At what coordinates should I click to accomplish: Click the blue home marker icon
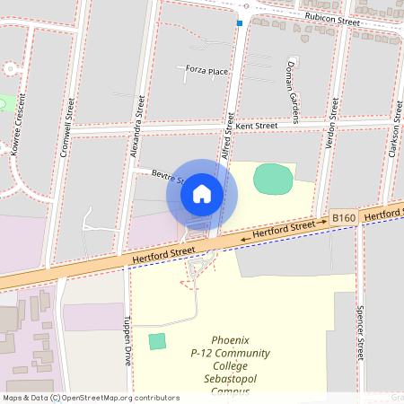pyautogui.click(x=202, y=194)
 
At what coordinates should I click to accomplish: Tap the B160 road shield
pyautogui.click(x=344, y=218)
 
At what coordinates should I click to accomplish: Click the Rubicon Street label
pyautogui.click(x=330, y=18)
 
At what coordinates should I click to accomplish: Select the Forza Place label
pyautogui.click(x=206, y=70)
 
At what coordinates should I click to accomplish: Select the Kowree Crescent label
pyautogui.click(x=15, y=131)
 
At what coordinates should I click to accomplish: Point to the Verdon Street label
pyautogui.click(x=332, y=120)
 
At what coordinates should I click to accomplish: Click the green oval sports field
pyautogui.click(x=273, y=179)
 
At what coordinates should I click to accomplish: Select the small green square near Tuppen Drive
pyautogui.click(x=157, y=341)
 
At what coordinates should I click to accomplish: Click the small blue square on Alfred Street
pyautogui.click(x=240, y=23)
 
